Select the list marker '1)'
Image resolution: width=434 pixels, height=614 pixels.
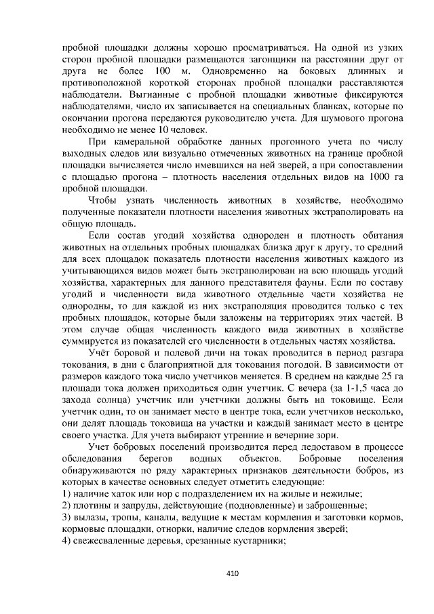point(66,493)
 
